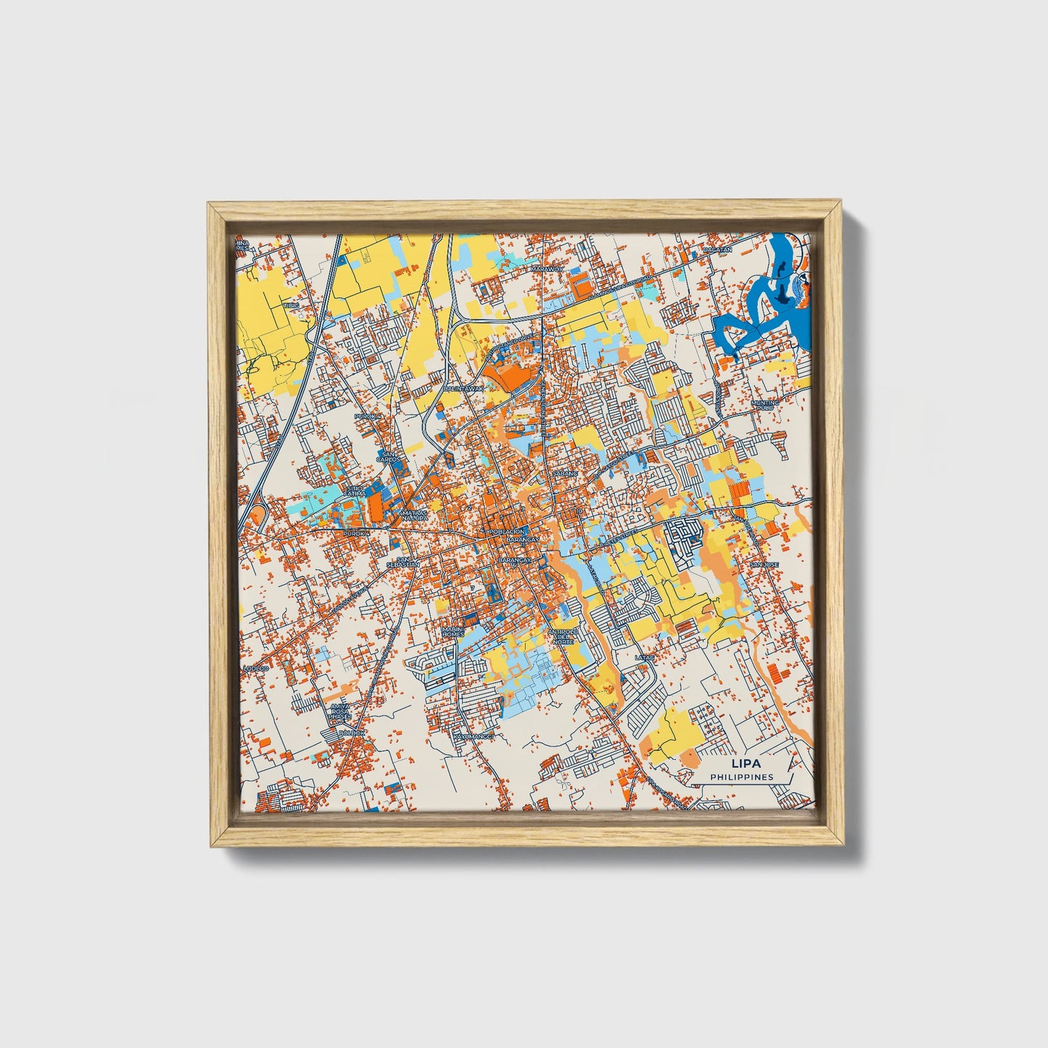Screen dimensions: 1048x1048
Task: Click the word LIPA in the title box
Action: coord(742,764)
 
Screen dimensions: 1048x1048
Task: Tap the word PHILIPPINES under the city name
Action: coord(742,777)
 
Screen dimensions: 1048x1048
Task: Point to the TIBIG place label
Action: coord(291,306)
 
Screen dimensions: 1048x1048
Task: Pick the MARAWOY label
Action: coord(547,268)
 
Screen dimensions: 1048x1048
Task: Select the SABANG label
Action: coord(565,473)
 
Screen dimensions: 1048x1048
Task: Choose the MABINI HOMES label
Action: coord(453,632)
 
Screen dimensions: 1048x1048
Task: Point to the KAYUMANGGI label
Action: coord(473,737)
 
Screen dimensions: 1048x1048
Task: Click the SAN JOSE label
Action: coord(764,564)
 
